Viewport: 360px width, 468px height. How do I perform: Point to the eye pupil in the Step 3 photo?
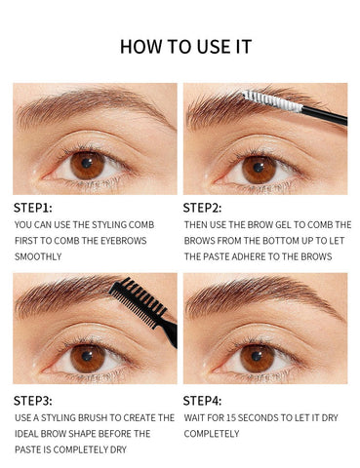(88, 355)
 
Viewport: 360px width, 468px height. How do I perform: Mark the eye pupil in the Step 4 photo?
(259, 355)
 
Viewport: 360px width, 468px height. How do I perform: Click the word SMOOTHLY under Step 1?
(38, 256)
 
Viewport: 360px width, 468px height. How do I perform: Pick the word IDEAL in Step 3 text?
(30, 433)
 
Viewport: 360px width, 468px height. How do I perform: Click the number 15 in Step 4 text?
(237, 416)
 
